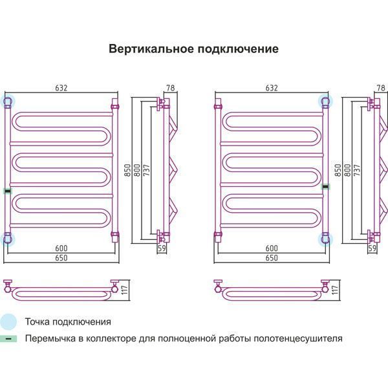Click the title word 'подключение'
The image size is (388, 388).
tap(239, 49)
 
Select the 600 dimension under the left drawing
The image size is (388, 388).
tap(61, 249)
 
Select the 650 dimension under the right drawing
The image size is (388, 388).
tap(271, 258)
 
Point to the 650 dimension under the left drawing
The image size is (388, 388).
tap(61, 258)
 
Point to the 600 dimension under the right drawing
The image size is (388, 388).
tap(271, 249)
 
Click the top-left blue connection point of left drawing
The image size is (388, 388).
tap(8, 102)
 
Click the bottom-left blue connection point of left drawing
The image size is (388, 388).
tap(8, 239)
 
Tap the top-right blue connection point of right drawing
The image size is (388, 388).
tap(325, 102)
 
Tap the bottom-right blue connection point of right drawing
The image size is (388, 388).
tap(325, 239)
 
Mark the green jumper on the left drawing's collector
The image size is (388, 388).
tap(7, 190)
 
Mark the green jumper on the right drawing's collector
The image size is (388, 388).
tap(325, 186)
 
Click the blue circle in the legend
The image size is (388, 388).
tap(8, 321)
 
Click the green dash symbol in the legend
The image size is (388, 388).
tap(8, 338)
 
